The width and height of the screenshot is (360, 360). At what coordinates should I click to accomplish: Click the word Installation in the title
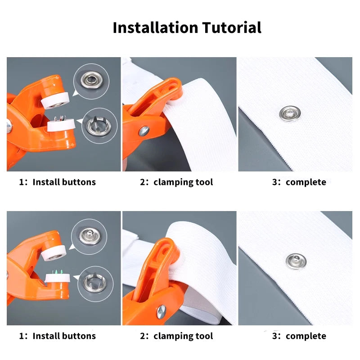click(155, 28)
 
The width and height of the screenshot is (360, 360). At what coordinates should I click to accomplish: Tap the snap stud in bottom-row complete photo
click(296, 261)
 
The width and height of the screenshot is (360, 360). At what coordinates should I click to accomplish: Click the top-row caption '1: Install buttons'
click(57, 182)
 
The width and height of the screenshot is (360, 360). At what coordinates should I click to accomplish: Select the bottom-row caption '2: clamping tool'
click(176, 336)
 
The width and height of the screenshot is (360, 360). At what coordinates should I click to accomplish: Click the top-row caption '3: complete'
click(299, 182)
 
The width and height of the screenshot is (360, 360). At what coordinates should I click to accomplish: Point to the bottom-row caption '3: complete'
click(299, 336)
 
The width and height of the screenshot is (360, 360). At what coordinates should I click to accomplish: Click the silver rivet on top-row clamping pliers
click(144, 131)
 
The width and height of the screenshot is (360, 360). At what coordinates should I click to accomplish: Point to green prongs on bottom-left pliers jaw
click(58, 271)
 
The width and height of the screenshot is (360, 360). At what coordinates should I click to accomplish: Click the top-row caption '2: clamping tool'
click(176, 182)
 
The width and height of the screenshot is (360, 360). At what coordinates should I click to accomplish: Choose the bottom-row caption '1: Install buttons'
click(57, 336)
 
